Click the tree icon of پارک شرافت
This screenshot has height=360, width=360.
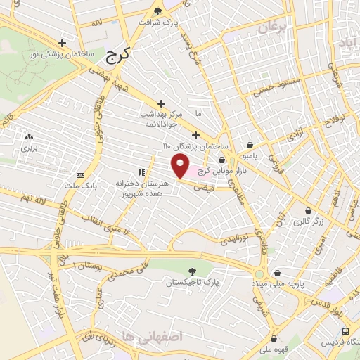(157, 11)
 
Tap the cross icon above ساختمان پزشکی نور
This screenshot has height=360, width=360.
(63, 42)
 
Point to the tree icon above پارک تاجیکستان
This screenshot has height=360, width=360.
(193, 270)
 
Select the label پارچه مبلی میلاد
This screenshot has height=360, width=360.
(281, 284)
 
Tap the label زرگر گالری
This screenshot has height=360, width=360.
(309, 221)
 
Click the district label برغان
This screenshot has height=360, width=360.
(274, 28)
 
